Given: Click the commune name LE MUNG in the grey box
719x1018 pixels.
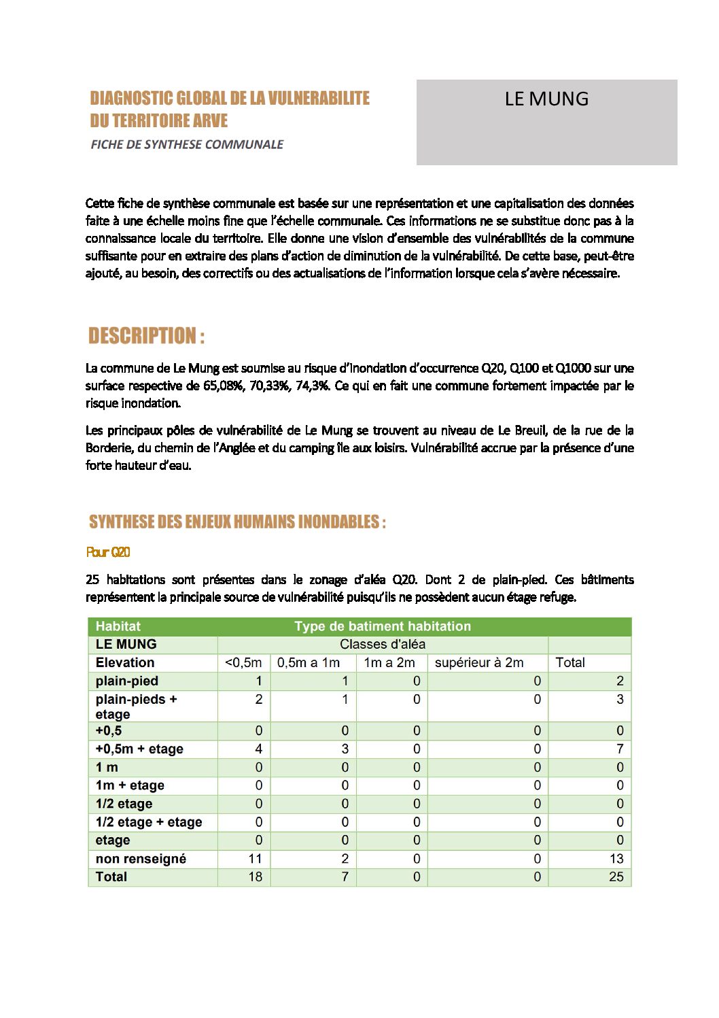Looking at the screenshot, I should tap(546, 99).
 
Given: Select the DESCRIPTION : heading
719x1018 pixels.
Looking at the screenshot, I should tap(146, 336).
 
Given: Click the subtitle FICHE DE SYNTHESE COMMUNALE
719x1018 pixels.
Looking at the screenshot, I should tap(187, 144).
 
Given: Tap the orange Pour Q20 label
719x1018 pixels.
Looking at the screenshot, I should tap(108, 552).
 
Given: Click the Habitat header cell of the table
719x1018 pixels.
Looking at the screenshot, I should tap(118, 626).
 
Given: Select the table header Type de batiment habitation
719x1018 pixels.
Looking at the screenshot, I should tap(382, 626).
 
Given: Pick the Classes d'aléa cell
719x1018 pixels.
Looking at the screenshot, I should tap(383, 644).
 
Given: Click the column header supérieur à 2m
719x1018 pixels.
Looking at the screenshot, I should tap(479, 662).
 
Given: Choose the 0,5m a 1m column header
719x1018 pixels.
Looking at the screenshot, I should tap(309, 662).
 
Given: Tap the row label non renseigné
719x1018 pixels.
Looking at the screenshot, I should tap(141, 859).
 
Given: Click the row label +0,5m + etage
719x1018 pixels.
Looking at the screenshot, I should tap(139, 749).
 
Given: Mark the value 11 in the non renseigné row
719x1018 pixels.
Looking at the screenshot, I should tap(255, 859).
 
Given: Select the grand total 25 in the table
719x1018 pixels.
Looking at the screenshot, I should tap(616, 877).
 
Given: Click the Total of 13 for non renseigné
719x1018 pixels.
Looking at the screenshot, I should tap(616, 859).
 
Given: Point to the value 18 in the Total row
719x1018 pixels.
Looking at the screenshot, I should tap(255, 877).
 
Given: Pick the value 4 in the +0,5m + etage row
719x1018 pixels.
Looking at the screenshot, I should tap(258, 749).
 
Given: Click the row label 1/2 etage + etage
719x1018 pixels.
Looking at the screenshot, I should tap(149, 821).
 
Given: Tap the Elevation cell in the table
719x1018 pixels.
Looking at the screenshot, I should tap(125, 662).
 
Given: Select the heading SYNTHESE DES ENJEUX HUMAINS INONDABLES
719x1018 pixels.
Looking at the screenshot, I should tap(237, 522).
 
